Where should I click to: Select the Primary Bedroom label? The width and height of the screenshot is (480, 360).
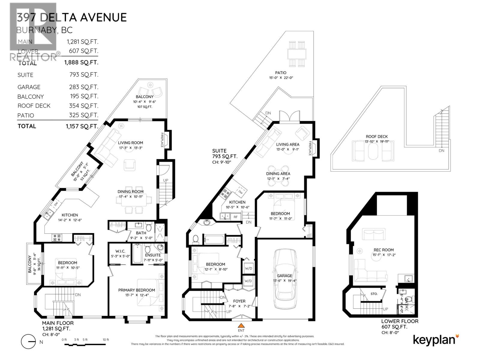click(x=136, y=290)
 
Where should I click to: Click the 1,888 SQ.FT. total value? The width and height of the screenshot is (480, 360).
click(x=81, y=62)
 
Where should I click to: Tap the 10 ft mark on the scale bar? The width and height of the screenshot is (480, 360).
click(x=106, y=340)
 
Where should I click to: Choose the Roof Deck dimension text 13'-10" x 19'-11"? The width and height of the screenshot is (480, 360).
click(x=376, y=142)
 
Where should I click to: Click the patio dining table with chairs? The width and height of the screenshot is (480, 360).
click(x=297, y=54)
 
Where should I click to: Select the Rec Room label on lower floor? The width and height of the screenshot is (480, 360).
click(x=383, y=250)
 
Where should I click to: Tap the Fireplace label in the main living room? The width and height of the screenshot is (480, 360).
click(x=162, y=140)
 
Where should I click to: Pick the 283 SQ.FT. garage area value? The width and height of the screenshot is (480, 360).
click(x=83, y=87)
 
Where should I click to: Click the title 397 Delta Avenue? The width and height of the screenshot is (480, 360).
click(x=72, y=17)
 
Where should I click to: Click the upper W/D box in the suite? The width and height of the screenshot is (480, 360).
click(x=248, y=268)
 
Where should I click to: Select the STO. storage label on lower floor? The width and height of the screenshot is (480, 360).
click(x=373, y=294)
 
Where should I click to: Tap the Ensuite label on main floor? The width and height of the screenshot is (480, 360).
click(x=153, y=255)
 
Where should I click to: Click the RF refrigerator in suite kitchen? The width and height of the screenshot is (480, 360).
click(x=236, y=217)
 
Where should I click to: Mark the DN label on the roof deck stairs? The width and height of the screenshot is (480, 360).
click(x=441, y=151)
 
